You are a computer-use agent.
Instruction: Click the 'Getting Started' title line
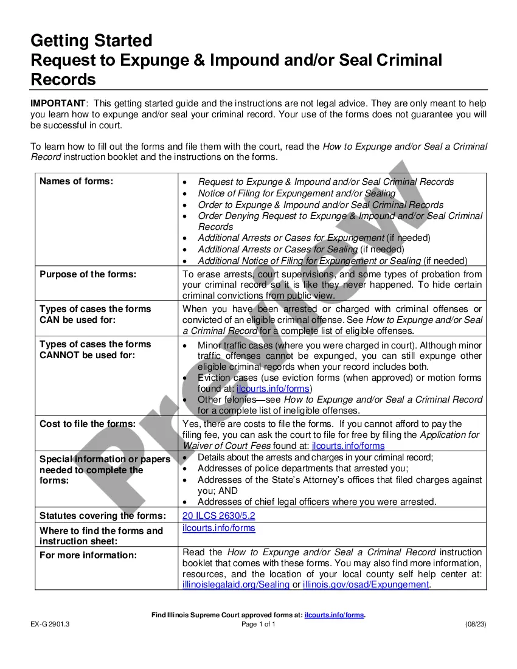click(x=91, y=41)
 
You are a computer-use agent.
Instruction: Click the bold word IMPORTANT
click(x=58, y=103)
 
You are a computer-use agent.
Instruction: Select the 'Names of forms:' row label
click(x=76, y=181)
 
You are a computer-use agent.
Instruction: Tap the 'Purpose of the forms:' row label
click(x=88, y=274)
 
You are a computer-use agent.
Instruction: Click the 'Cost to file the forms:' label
click(x=87, y=424)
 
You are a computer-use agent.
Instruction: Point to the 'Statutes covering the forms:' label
click(x=102, y=516)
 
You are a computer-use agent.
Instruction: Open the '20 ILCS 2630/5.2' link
click(x=219, y=516)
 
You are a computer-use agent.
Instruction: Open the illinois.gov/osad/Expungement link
click(x=366, y=584)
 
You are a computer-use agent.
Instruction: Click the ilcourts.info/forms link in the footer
click(x=334, y=615)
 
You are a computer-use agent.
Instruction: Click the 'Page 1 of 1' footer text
click(x=258, y=625)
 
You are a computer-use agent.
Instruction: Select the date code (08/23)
click(x=476, y=625)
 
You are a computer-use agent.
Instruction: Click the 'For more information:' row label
click(x=88, y=555)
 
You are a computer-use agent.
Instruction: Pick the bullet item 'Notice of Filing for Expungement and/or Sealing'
click(x=296, y=193)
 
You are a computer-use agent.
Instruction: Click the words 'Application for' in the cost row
click(x=449, y=435)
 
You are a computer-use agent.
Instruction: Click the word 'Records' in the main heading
click(x=63, y=80)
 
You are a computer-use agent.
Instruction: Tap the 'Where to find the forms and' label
click(x=101, y=531)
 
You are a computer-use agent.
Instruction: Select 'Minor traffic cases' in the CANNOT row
click(x=235, y=345)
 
